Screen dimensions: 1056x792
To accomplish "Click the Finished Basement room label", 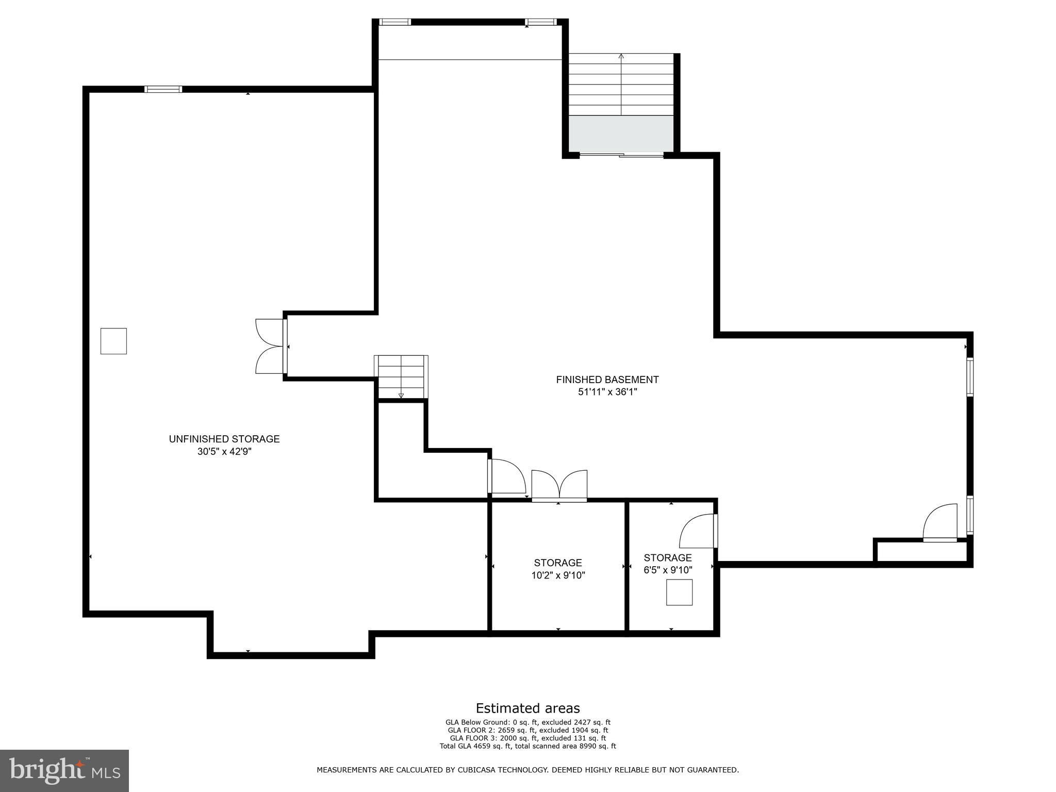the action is point(607,379).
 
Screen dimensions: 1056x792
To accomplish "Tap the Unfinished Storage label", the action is point(224,439).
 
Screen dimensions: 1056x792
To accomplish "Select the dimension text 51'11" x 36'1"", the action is point(607,392).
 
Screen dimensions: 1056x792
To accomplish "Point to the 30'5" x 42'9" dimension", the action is point(224,452).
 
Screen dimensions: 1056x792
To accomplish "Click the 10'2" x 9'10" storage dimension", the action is point(558,575).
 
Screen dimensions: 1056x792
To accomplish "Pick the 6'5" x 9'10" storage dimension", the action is point(668,570).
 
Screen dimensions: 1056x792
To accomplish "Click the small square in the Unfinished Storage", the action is point(113,341).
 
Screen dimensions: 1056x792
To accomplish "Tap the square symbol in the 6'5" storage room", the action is point(679,592).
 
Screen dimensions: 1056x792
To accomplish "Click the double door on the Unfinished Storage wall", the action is point(271,346).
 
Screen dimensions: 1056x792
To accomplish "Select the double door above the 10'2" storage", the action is point(559,486).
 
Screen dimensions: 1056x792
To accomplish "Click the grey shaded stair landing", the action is point(621,134).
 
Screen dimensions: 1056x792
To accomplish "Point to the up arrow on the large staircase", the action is point(621,85).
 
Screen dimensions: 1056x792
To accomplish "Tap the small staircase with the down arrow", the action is point(401,377).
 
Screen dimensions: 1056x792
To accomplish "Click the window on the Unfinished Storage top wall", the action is point(163,89).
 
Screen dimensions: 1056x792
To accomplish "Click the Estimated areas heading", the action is point(527,708).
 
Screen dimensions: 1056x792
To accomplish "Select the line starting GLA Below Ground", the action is point(527,722).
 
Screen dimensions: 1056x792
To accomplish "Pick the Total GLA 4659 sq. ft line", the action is point(527,746).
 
